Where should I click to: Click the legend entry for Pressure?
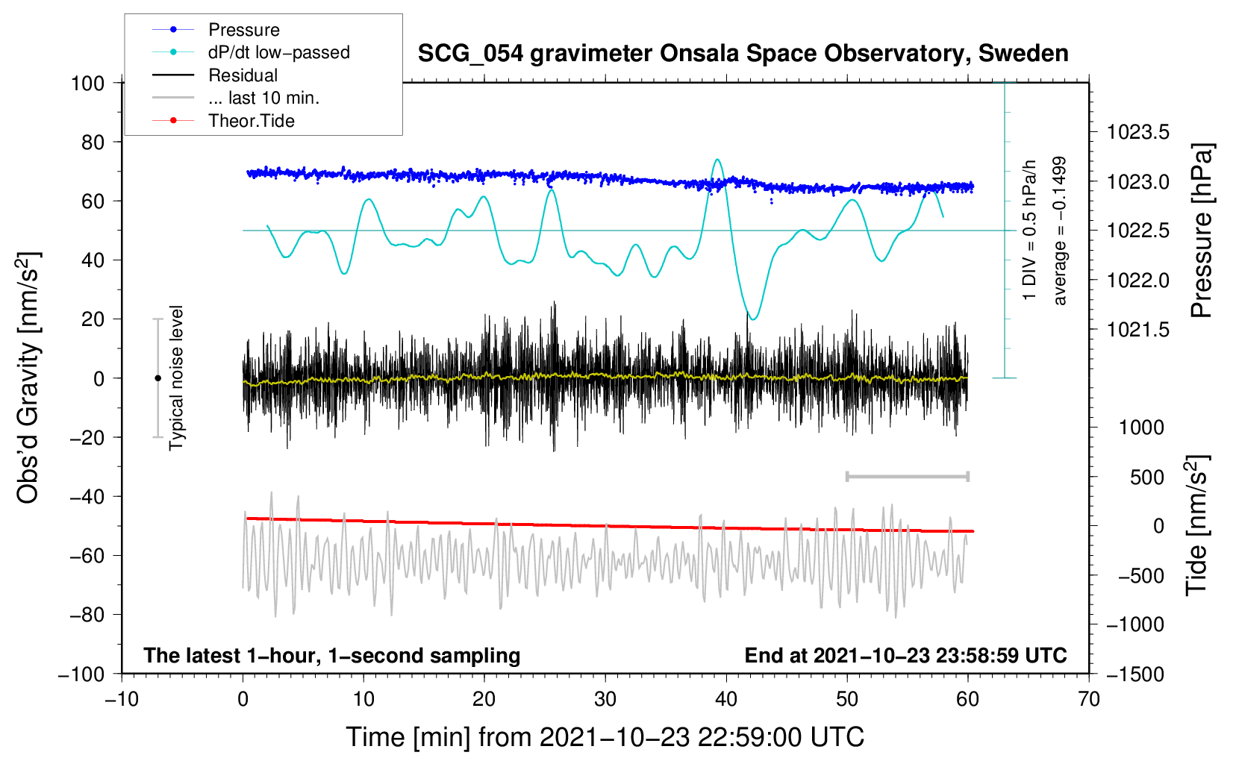(243, 30)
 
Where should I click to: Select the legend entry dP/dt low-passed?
(278, 52)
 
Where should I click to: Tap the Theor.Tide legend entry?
(251, 121)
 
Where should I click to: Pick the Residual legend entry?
(243, 75)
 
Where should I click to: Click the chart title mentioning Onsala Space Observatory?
(743, 54)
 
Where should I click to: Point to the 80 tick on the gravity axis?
(88, 142)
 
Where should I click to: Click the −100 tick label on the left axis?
(82, 674)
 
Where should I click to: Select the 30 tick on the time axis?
(605, 699)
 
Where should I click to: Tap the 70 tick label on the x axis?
(1089, 699)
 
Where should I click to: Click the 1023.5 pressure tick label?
(1138, 133)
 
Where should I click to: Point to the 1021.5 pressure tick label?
(1138, 330)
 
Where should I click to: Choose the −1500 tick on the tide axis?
(1135, 674)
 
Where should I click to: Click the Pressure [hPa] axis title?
(1201, 231)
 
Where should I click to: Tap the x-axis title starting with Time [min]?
(605, 737)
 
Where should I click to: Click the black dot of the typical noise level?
(157, 378)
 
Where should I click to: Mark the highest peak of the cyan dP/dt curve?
(717, 160)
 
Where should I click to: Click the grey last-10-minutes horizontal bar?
(907, 476)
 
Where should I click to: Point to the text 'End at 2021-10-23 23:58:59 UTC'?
(905, 656)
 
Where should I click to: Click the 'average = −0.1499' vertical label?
(1060, 231)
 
